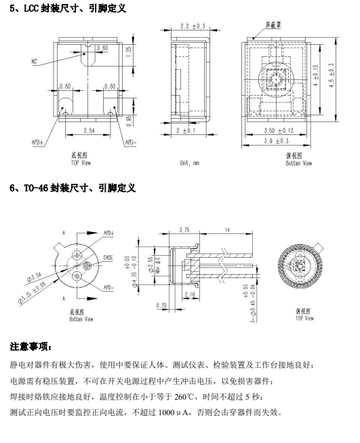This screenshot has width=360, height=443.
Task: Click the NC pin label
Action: tap(34, 61)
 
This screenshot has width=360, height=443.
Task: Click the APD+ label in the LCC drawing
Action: tap(37, 142)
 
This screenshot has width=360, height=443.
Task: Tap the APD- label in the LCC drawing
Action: tap(130, 142)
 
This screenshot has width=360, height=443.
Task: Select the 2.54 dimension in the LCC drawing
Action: tap(89, 130)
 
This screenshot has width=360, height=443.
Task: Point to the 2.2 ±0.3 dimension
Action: tap(193, 26)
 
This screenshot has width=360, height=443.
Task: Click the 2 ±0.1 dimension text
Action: tap(186, 130)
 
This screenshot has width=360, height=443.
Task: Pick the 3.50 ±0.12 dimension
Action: tap(279, 130)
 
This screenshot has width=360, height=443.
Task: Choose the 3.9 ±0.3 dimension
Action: tap(277, 140)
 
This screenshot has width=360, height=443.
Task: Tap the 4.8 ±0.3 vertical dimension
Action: tap(332, 75)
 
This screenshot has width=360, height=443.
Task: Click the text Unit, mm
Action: tap(189, 163)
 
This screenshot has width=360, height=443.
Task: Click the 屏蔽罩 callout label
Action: tap(273, 25)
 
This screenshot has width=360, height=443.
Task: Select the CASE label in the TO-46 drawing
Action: tap(108, 258)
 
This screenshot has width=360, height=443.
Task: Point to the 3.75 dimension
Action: tap(184, 230)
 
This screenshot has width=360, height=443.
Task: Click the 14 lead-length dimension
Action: tap(227, 230)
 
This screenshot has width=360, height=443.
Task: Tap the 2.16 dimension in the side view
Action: tap(190, 294)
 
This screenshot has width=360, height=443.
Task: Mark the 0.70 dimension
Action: tap(161, 305)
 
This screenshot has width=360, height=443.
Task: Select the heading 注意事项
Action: tap(31, 347)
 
